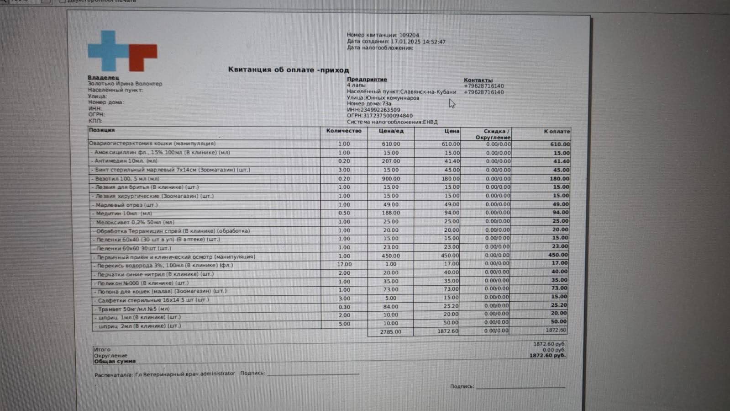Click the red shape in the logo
[141, 54]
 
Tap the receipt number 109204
[409, 35]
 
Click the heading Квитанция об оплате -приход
[289, 70]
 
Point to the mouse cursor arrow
[451, 103]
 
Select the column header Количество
[343, 131]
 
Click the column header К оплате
[557, 132]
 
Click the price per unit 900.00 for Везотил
[391, 179]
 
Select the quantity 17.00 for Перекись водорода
[344, 264]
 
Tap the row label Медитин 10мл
[124, 214]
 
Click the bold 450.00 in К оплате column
[558, 255]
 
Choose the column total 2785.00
[390, 332]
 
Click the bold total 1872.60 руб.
[547, 355]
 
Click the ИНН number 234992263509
[380, 110]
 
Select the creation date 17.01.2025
[405, 42]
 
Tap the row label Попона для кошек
[162, 291]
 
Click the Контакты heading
[478, 80]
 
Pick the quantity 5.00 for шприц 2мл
[344, 324]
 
